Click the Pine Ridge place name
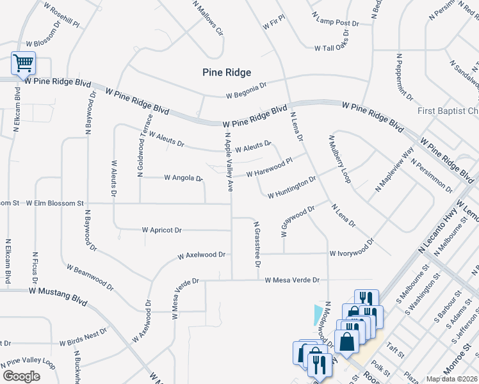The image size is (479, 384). (x=226, y=73)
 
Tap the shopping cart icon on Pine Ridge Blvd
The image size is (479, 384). (x=23, y=63)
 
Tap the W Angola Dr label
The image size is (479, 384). (x=183, y=177)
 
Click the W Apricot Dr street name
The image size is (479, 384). (x=162, y=229)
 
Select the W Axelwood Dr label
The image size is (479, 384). (x=202, y=254)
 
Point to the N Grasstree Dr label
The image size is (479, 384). (x=257, y=244)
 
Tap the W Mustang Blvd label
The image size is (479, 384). (x=58, y=291)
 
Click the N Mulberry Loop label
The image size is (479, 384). (x=340, y=159)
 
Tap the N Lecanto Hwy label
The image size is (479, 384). (x=439, y=228)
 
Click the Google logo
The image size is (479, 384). (x=21, y=376)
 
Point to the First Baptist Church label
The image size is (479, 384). (x=448, y=111)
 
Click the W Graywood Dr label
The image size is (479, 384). (x=298, y=218)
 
